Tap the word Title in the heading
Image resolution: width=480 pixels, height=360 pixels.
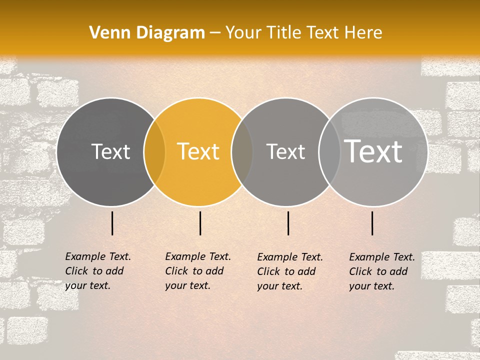284,32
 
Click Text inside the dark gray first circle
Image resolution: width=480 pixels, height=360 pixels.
110,152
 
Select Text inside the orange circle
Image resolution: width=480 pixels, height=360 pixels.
198,152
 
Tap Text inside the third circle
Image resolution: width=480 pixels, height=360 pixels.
285,152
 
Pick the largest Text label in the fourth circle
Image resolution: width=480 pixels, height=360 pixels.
373,151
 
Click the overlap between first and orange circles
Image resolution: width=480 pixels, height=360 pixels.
154,152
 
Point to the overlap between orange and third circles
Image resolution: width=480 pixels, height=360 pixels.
242,152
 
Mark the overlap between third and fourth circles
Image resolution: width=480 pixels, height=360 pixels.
329,152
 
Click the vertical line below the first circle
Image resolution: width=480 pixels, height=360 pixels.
112,223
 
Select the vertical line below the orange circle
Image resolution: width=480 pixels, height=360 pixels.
200,223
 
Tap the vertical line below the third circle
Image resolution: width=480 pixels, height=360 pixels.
288,223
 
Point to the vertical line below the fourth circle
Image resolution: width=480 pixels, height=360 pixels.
372,223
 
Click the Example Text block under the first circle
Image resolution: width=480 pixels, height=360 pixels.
98,271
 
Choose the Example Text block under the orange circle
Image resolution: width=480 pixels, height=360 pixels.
198,271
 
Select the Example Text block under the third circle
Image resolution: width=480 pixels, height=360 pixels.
290,271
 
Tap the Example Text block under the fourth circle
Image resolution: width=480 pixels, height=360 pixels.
382,271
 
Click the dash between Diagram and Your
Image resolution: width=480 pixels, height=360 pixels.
215,33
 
